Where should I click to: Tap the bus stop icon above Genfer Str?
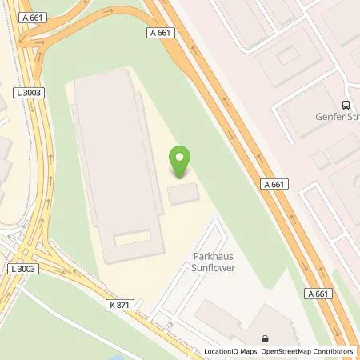click(346, 104)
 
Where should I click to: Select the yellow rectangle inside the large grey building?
click(132, 238)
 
